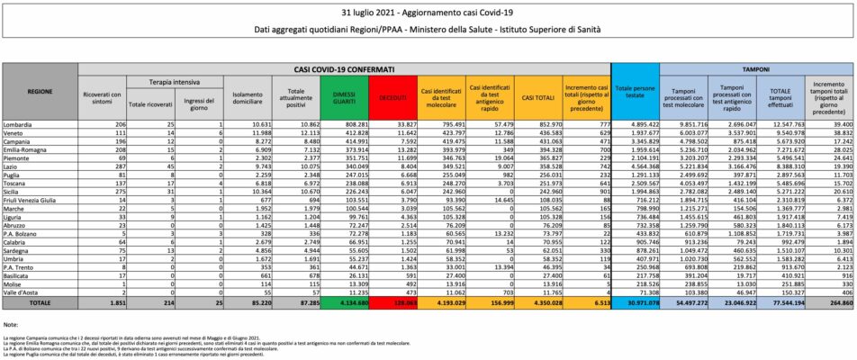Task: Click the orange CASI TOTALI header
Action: tap(538, 93)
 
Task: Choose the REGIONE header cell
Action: tap(40, 91)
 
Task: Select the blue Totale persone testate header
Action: tap(636, 93)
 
